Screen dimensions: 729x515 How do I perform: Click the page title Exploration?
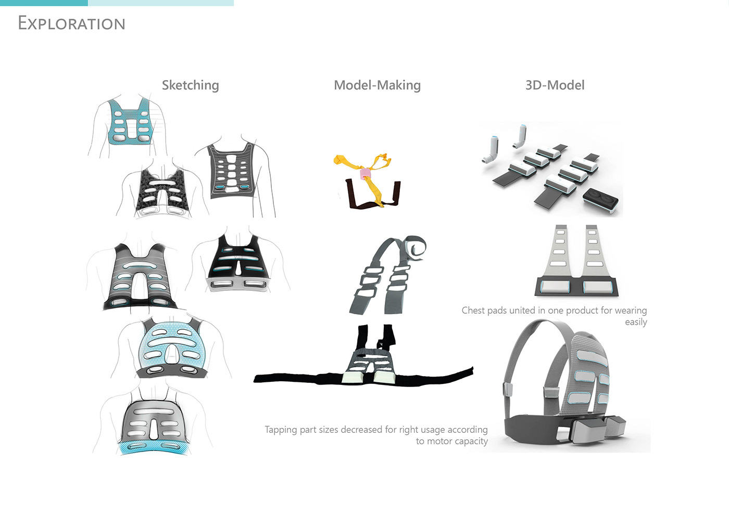71,23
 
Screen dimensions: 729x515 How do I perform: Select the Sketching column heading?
190,85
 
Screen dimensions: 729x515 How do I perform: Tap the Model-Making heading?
377,85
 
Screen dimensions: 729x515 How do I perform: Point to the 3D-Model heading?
555,85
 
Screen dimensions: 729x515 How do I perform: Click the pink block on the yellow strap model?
366,173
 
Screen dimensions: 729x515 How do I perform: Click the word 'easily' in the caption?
636,323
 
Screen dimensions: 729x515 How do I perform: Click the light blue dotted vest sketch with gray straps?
170,346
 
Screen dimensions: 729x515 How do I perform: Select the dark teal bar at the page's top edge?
44,3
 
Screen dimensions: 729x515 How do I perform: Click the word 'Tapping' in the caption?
280,430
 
